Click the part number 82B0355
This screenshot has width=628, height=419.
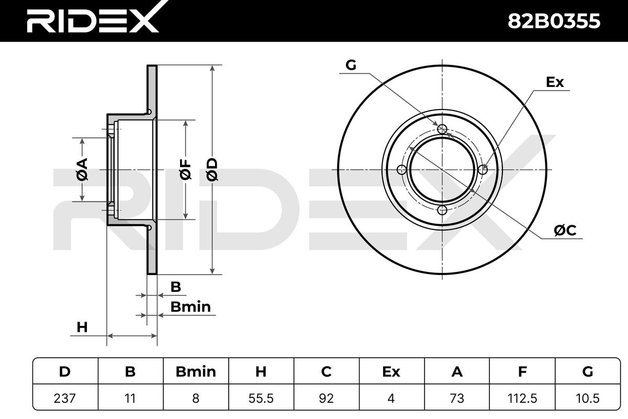coord(554,21)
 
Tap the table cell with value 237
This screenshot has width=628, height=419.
coord(65,398)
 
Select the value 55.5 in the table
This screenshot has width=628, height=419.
coord(261,398)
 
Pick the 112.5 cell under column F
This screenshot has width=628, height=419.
coord(522,398)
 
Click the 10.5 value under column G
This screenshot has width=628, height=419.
coord(587,398)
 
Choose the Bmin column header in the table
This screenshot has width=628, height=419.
coord(196,371)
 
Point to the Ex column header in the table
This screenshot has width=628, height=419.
coord(391,371)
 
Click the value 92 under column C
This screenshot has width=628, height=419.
coord(326,398)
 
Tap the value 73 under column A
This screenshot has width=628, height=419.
coord(457,398)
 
